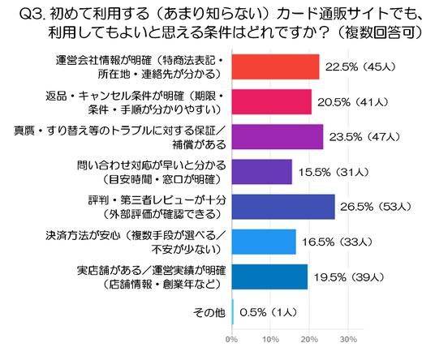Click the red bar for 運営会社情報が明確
tap(275, 66)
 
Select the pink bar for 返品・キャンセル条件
tap(272, 101)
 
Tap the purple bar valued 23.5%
tap(278, 137)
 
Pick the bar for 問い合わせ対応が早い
tap(262, 172)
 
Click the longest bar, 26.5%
tap(283, 207)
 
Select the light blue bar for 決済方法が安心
tap(264, 242)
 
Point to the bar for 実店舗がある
tap(269, 276)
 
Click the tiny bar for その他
tap(233, 312)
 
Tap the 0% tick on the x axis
tap(231, 339)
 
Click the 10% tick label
tap(270, 339)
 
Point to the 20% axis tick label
tap(309, 339)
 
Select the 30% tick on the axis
tap(348, 339)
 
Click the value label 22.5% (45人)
tap(360, 67)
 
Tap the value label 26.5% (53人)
tap(376, 207)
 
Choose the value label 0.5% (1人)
tap(269, 312)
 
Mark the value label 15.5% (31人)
tap(334, 172)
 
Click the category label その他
tap(209, 312)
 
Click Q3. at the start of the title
tap(32, 14)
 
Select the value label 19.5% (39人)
tap(349, 277)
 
